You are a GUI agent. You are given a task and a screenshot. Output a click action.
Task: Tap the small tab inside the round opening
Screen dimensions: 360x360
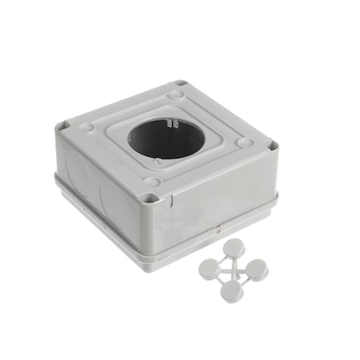click(170, 124)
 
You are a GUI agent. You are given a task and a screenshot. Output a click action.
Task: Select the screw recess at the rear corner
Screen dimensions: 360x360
click(182, 84)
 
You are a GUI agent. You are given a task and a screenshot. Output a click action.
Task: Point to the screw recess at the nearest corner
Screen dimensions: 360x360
click(146, 197)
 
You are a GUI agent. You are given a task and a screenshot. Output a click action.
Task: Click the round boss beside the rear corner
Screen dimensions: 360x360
click(175, 95)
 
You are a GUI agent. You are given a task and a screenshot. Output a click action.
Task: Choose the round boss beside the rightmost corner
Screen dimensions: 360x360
click(246, 144)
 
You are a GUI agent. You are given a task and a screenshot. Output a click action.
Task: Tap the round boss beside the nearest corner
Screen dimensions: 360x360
click(153, 182)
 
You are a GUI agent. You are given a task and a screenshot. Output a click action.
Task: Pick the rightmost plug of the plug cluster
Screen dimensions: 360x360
click(258, 270)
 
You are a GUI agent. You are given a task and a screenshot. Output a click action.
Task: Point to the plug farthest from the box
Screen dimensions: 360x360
click(233, 291)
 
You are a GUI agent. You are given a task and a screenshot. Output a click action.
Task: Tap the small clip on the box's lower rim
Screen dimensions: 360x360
click(216, 230)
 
